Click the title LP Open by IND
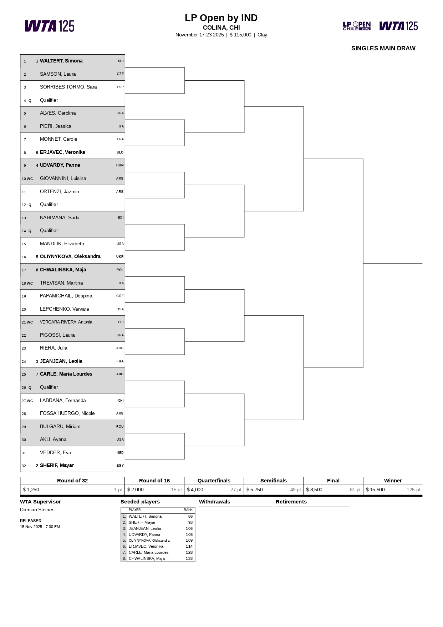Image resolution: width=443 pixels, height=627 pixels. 221,18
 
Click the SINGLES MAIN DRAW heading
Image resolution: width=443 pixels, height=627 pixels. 383,49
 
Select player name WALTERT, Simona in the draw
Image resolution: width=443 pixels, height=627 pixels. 61,61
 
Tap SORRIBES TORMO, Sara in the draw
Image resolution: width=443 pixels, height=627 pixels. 68,87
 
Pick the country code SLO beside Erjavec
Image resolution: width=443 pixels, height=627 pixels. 120,152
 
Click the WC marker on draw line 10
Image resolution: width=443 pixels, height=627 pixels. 30,179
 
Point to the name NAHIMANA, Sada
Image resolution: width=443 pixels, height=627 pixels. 60,218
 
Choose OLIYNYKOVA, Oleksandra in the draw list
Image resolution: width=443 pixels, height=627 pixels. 70,257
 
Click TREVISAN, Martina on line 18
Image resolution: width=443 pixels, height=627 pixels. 61,283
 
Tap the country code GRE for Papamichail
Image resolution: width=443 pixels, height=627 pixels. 120,296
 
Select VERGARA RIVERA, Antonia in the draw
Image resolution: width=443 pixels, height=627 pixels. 66,322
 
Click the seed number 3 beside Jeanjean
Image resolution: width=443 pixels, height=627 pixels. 37,361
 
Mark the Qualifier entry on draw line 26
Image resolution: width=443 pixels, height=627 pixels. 49,387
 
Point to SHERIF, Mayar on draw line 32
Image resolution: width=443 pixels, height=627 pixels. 57,466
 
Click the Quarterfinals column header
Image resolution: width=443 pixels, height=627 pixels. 214,481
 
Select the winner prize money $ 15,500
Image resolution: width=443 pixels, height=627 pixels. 375,490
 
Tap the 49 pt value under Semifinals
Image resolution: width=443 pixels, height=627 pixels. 295,490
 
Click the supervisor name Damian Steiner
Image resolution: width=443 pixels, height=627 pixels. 37,510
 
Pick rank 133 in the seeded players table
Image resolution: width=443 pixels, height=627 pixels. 189,559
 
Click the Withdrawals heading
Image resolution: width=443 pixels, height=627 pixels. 214,502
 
